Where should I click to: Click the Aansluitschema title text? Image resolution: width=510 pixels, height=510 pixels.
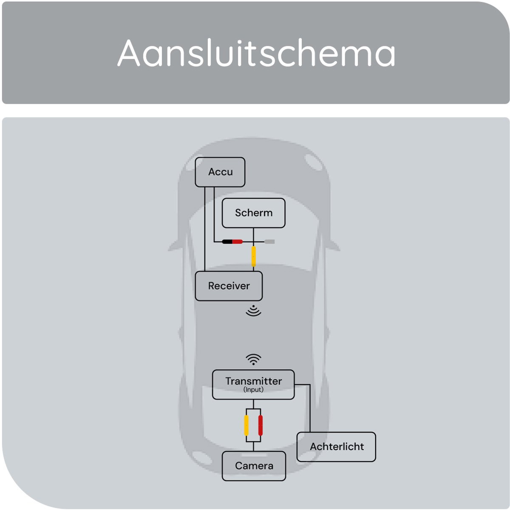pyautogui.click(x=256, y=53)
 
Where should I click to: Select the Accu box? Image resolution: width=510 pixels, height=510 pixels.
pyautogui.click(x=220, y=172)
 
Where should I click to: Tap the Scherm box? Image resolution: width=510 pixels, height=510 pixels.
pyautogui.click(x=254, y=213)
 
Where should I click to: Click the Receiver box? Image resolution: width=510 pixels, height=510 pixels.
pyautogui.click(x=229, y=286)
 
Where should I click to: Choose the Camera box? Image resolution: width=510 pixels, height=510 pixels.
pyautogui.click(x=254, y=466)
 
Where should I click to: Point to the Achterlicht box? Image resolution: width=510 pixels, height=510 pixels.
pyautogui.click(x=336, y=447)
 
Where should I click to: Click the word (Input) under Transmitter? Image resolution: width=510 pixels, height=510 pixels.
pyautogui.click(x=253, y=390)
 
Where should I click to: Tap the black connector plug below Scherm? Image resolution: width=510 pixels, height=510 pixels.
pyautogui.click(x=227, y=242)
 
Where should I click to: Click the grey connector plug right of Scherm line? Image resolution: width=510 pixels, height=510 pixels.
pyautogui.click(x=269, y=242)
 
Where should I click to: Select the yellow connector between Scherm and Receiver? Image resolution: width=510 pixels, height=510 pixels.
pyautogui.click(x=254, y=256)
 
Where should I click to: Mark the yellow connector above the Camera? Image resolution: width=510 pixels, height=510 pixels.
pyautogui.click(x=246, y=425)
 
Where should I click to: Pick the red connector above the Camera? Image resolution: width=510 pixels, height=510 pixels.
pyautogui.click(x=261, y=425)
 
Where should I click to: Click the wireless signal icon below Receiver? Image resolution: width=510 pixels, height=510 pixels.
pyautogui.click(x=253, y=311)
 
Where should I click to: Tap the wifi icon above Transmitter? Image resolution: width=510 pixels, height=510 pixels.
pyautogui.click(x=253, y=360)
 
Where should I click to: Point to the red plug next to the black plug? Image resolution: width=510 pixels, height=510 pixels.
pyautogui.click(x=237, y=242)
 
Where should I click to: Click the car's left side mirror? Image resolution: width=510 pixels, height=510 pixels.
pyautogui.click(x=173, y=246)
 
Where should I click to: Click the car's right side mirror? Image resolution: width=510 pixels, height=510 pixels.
pyautogui.click(x=334, y=246)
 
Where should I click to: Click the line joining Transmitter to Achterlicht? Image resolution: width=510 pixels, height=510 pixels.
pyautogui.click(x=310, y=408)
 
